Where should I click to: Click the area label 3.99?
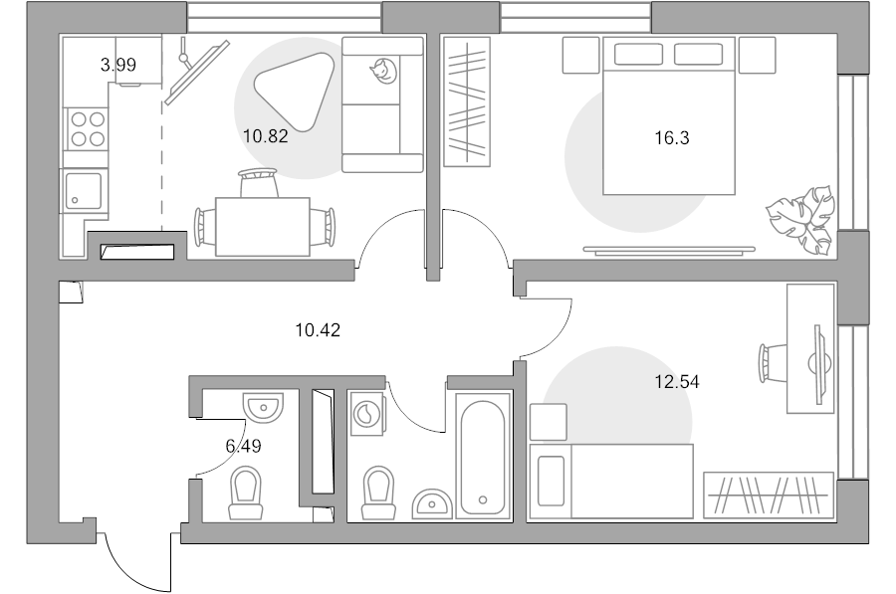point(118,65)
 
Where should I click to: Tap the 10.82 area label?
point(265,136)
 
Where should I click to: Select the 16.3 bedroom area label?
point(672,137)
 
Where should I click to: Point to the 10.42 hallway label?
point(318,330)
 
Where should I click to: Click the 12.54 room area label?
point(677,381)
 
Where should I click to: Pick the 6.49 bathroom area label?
point(244,446)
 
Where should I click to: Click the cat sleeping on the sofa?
point(383,71)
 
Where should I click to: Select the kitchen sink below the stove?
point(84,191)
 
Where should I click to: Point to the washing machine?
point(365,413)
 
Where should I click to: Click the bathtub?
point(482,457)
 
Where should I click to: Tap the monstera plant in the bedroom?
point(801,219)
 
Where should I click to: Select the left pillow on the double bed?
point(638,55)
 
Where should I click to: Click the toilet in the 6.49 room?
point(246,493)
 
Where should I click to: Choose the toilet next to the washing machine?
point(378,493)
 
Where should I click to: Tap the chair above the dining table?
point(259,183)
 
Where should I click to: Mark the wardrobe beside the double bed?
point(467,101)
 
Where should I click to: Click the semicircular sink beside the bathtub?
point(432,503)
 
